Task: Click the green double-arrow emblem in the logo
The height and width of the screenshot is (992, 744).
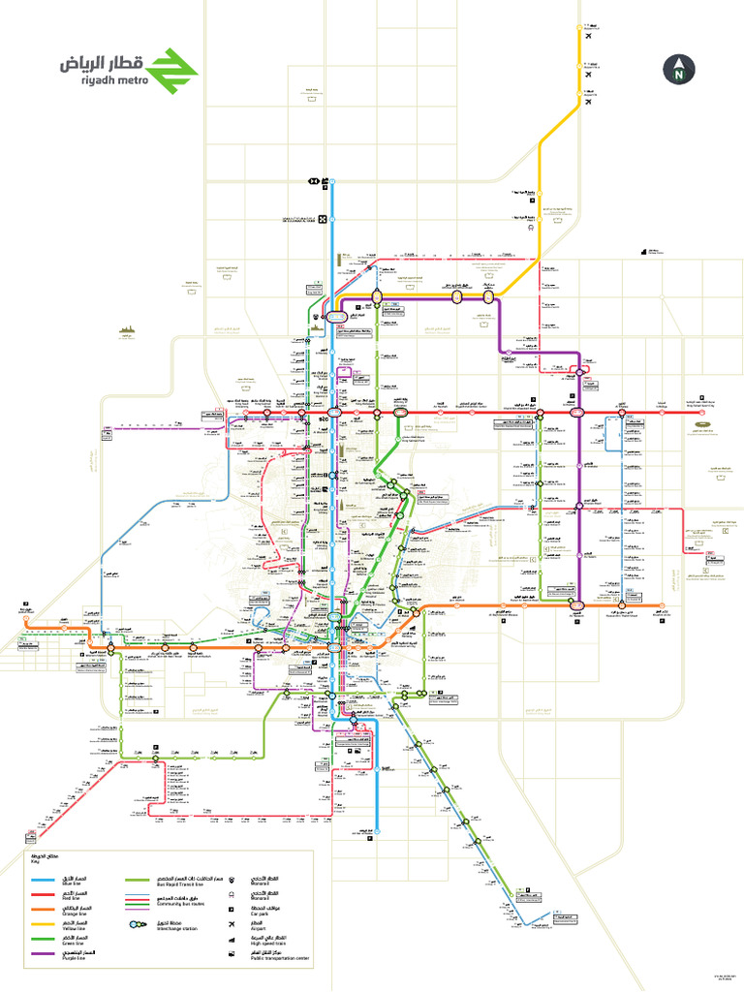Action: tap(171, 67)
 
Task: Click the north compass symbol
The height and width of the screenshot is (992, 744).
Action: tap(680, 69)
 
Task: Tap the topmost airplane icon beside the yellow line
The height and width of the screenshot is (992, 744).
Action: tap(588, 23)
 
